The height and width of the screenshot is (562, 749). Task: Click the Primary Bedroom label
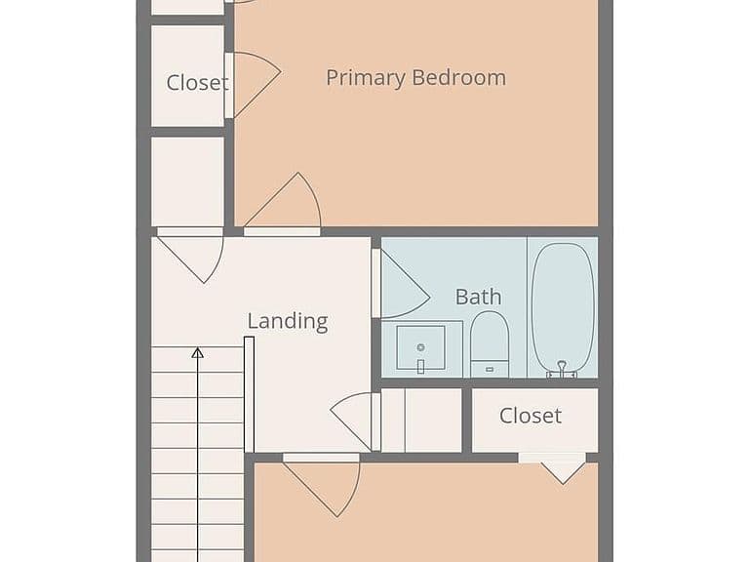(415, 78)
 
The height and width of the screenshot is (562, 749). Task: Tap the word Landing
(288, 321)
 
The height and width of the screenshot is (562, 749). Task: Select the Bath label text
(478, 297)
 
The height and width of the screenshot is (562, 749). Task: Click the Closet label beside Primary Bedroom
(197, 83)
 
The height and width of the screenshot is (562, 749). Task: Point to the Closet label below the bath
(531, 416)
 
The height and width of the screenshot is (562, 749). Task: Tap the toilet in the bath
(490, 344)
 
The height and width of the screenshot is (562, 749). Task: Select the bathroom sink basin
(421, 347)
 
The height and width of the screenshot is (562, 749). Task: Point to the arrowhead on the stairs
(198, 352)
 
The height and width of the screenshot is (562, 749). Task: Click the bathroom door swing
(401, 284)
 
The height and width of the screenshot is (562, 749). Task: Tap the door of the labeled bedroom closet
(253, 85)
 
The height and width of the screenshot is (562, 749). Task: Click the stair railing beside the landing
(249, 394)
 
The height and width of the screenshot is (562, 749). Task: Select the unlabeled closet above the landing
(187, 181)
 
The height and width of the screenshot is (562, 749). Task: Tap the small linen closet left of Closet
(421, 421)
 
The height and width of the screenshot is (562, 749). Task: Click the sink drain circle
(421, 347)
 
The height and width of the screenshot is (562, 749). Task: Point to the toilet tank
(490, 369)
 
